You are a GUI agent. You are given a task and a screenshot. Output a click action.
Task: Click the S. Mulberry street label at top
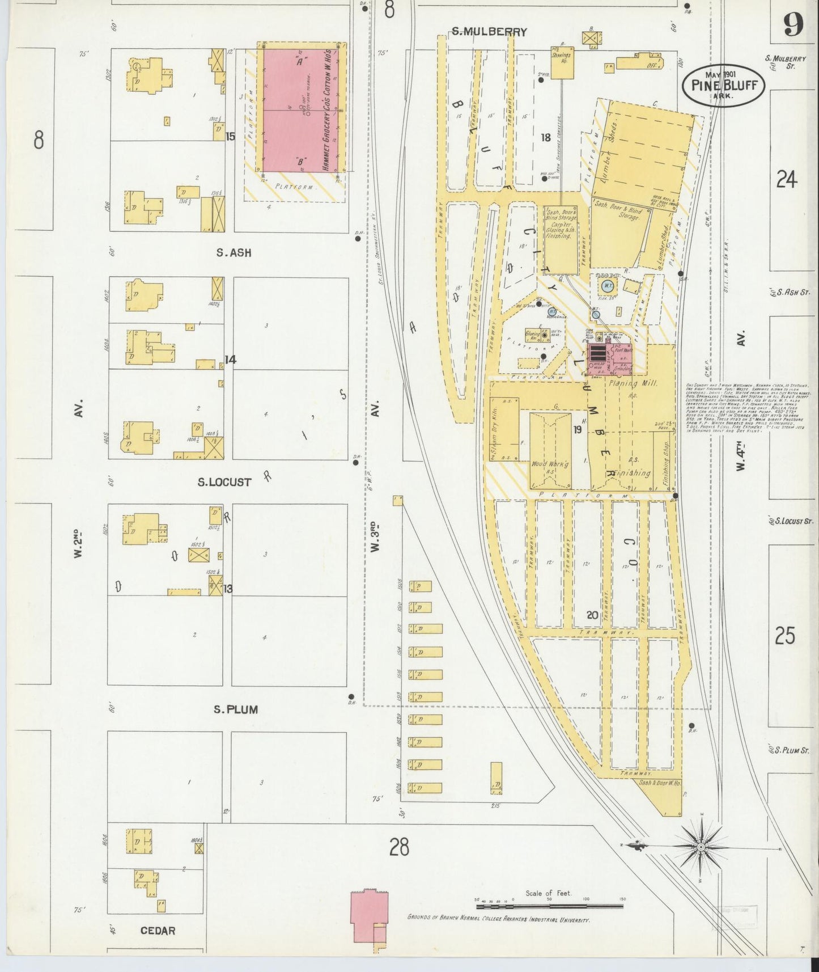[489, 32]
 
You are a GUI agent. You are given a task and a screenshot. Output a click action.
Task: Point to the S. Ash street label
[233, 253]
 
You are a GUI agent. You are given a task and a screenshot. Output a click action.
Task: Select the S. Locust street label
[224, 482]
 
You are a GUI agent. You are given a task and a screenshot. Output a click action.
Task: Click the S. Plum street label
[235, 709]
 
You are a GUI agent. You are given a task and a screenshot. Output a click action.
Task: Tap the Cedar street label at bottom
[158, 931]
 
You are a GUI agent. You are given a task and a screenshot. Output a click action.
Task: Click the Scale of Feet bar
[549, 906]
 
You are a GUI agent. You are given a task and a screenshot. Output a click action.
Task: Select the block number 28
[399, 847]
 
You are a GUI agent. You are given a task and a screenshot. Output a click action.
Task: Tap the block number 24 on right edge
[787, 180]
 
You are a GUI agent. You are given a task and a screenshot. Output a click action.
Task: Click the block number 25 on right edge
[785, 636]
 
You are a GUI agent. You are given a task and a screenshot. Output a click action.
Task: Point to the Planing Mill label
[633, 383]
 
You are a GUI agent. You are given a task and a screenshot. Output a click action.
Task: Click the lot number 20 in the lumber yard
[592, 615]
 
